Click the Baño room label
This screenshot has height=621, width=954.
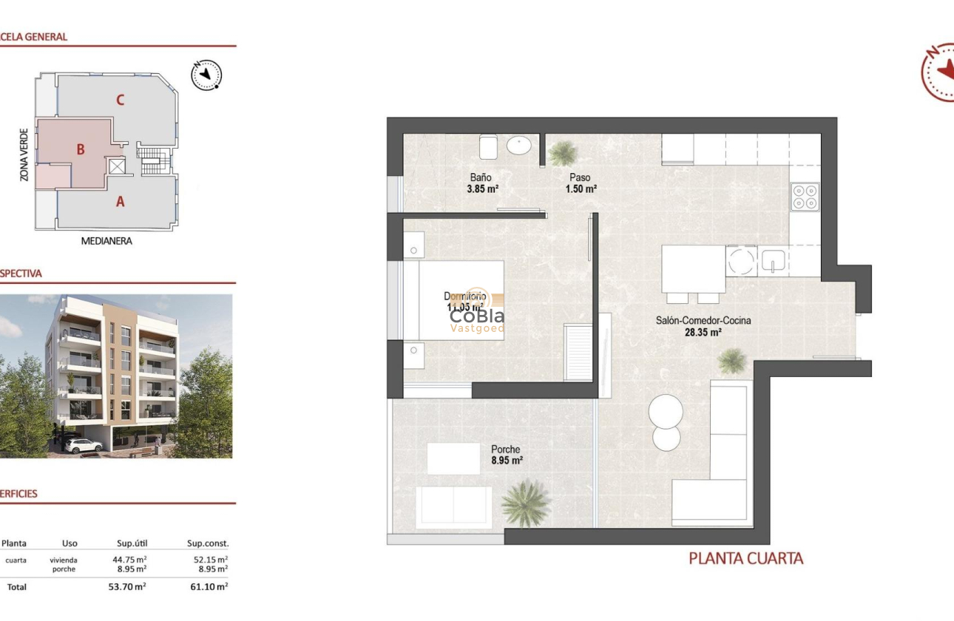pos(481,177)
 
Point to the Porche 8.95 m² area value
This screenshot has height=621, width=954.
pos(507,461)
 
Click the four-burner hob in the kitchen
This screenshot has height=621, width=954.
pos(805,196)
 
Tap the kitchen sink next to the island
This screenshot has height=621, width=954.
pos(773,260)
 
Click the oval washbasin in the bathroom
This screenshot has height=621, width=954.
pos(518,146)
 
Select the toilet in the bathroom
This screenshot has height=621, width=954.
pos(488,147)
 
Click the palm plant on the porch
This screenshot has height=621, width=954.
pos(526,503)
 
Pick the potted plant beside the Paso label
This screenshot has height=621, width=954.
pos(563,153)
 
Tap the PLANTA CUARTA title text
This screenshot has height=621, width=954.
pos(745,559)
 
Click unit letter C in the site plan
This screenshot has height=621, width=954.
pos(120,100)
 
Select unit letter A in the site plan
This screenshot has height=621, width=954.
pos(120,200)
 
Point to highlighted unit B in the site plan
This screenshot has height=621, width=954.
pos(81,149)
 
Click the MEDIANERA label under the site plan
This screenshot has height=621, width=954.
pos(106,241)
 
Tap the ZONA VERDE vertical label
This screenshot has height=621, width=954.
pos(24,155)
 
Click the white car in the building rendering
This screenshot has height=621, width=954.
pos(82,445)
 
